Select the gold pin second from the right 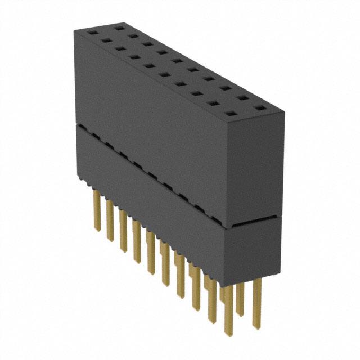242,304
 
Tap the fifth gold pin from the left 150,259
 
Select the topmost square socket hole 119,26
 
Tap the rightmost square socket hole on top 259,107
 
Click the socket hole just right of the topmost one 133,35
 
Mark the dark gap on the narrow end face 254,222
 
